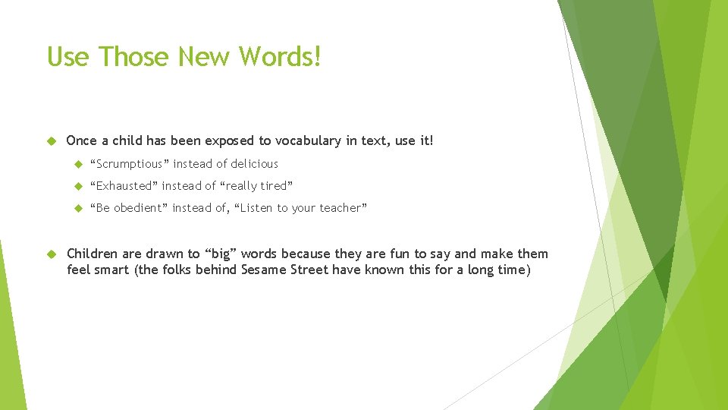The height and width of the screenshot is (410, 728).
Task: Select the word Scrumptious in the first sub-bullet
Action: pyautogui.click(x=130, y=164)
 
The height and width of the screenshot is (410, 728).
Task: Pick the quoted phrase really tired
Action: pyautogui.click(x=256, y=186)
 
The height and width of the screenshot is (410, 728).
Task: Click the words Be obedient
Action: pyautogui.click(x=127, y=208)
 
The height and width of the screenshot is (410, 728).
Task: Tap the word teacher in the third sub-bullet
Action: pyautogui.click(x=342, y=208)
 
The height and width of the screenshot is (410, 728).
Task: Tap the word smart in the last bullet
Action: pyautogui.click(x=112, y=270)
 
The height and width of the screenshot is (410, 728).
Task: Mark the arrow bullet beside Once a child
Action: pyautogui.click(x=52, y=141)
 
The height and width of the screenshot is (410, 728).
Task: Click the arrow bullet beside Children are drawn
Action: pyautogui.click(x=52, y=254)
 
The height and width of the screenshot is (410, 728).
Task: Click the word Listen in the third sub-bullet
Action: pyautogui.click(x=258, y=208)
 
